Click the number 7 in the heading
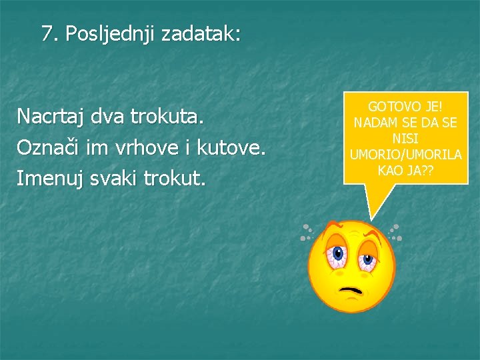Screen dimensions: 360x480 [x=47, y=33]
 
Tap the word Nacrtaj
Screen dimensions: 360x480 [x=51, y=117]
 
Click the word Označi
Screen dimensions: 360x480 [x=47, y=148]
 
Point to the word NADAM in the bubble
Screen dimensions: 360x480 [x=377, y=123]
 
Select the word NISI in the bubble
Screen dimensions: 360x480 [x=405, y=139]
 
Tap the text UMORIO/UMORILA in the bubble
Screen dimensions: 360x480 [x=405, y=155]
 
